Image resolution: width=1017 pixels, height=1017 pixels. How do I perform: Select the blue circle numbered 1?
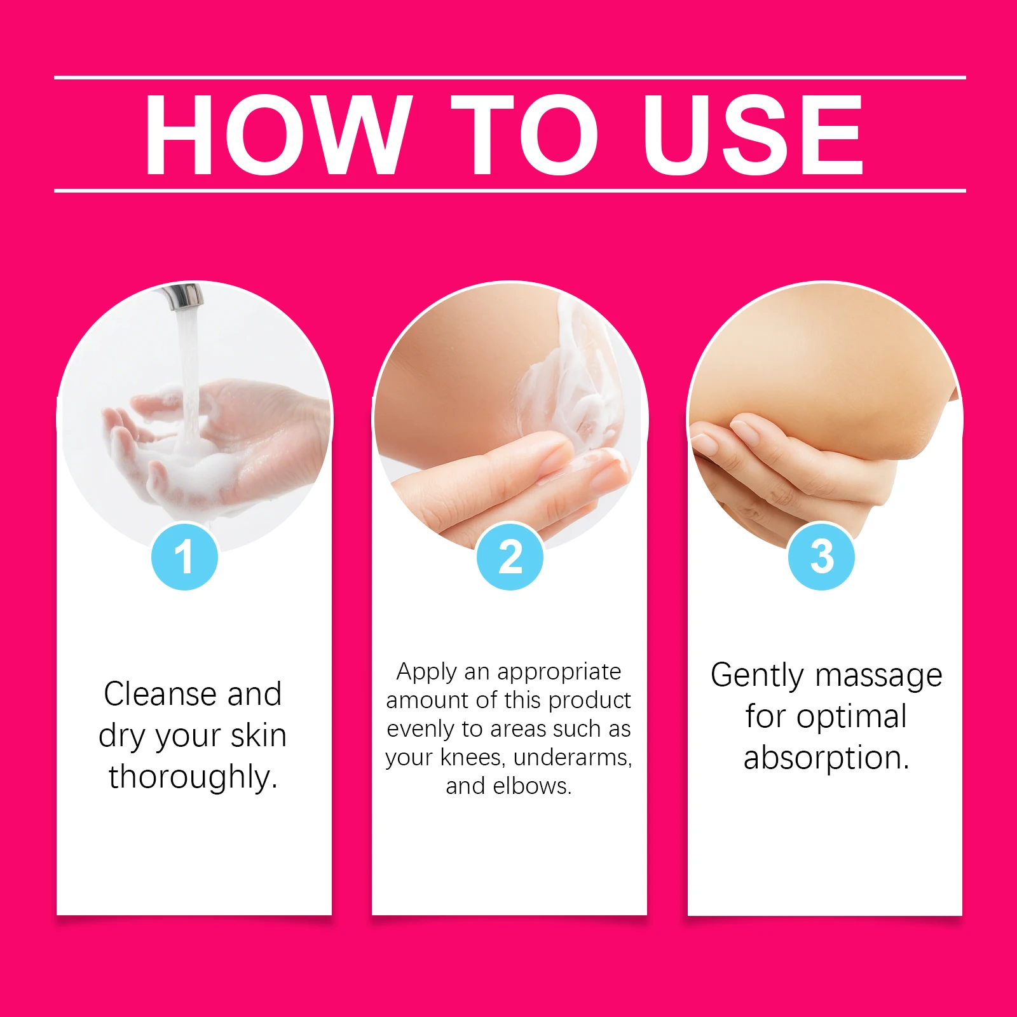(x=184, y=557)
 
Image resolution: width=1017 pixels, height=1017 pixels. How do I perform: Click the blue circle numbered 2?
(x=510, y=557)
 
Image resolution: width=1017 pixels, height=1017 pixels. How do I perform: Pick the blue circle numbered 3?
(x=821, y=557)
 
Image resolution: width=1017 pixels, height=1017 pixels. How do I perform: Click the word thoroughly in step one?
(x=193, y=777)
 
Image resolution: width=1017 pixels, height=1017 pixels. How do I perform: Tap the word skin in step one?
(x=258, y=735)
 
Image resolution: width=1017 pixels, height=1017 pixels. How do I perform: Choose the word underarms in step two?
(x=572, y=758)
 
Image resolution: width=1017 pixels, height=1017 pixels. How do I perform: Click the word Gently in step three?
(x=757, y=676)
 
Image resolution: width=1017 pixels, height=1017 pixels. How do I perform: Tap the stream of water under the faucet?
(x=188, y=369)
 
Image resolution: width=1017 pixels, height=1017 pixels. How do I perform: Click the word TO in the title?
(x=524, y=135)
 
